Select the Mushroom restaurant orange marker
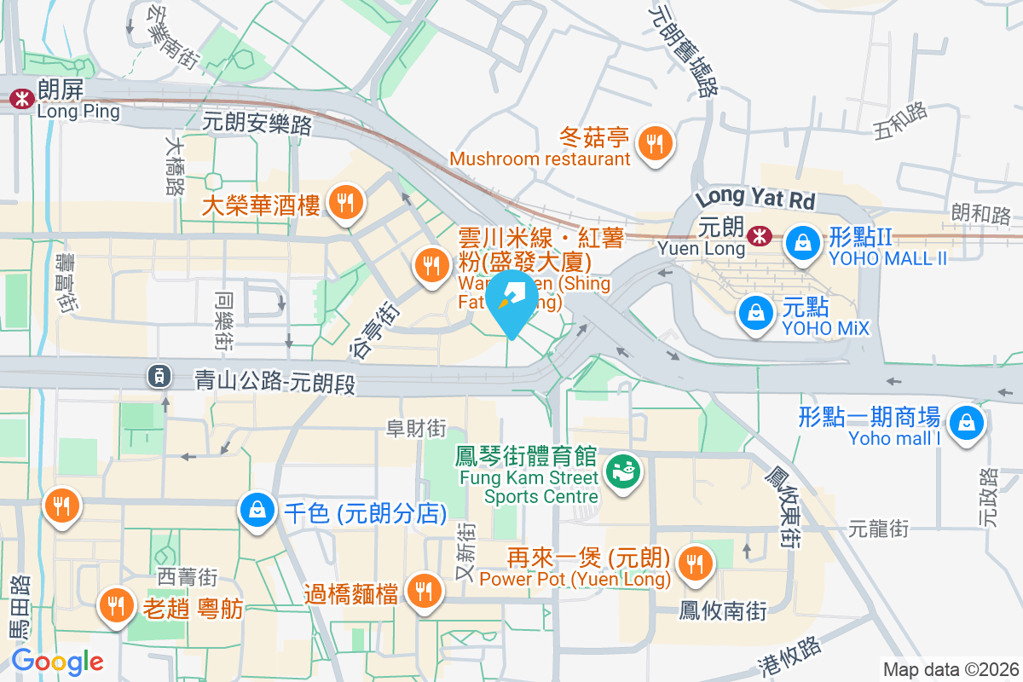point(655,142)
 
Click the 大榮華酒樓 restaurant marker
point(345,203)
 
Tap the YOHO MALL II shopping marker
point(802,241)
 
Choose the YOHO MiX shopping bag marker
point(756,313)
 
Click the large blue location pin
point(511,298)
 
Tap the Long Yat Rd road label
point(755,199)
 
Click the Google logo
point(57,661)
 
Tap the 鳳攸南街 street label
point(723,611)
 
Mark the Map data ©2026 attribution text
point(950,669)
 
